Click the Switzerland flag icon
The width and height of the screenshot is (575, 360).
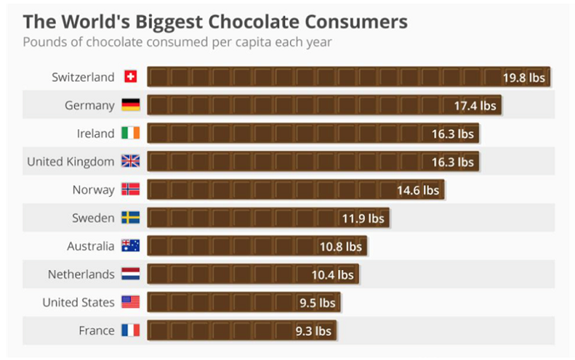(130, 77)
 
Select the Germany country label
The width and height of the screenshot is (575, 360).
(89, 105)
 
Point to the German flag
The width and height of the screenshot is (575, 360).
(130, 105)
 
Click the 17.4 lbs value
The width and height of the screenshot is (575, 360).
(474, 106)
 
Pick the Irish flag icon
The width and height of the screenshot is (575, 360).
(130, 133)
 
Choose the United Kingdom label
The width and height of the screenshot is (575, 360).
(71, 162)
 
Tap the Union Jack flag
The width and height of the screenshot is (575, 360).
(130, 162)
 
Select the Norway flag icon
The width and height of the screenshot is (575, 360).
(130, 190)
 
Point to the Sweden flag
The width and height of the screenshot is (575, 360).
(130, 218)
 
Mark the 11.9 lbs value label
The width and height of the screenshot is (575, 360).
(362, 218)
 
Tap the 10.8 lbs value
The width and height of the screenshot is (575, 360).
(340, 247)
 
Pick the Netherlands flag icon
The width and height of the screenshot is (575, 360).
(130, 274)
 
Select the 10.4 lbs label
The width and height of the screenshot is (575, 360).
(332, 275)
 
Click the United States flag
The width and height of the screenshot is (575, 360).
(130, 302)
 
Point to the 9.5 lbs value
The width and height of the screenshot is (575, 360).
(317, 303)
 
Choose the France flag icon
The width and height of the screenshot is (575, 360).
(130, 331)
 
